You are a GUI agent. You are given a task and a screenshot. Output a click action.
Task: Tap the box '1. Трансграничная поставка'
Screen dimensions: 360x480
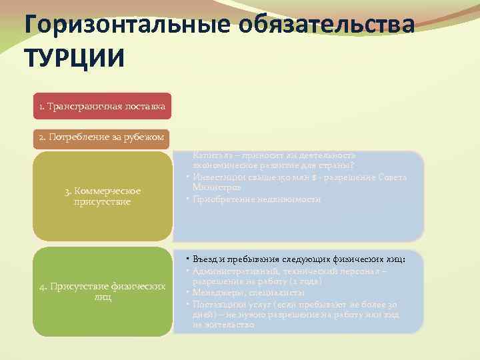click(x=102, y=106)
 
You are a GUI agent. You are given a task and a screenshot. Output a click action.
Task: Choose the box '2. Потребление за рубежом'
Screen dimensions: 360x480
click(x=102, y=137)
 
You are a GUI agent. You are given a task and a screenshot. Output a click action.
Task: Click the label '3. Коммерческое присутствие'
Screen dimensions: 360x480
click(x=103, y=196)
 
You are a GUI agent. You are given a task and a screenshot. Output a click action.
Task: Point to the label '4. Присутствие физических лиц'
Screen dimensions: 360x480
click(x=103, y=291)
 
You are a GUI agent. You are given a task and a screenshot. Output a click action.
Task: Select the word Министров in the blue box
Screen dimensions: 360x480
click(x=213, y=187)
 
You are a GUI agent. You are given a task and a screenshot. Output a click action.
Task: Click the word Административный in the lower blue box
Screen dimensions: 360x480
click(x=233, y=270)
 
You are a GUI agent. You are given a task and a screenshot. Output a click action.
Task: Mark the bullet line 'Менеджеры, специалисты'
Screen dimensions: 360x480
click(x=249, y=293)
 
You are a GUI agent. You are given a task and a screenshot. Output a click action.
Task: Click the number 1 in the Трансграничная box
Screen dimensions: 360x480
click(x=41, y=106)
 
